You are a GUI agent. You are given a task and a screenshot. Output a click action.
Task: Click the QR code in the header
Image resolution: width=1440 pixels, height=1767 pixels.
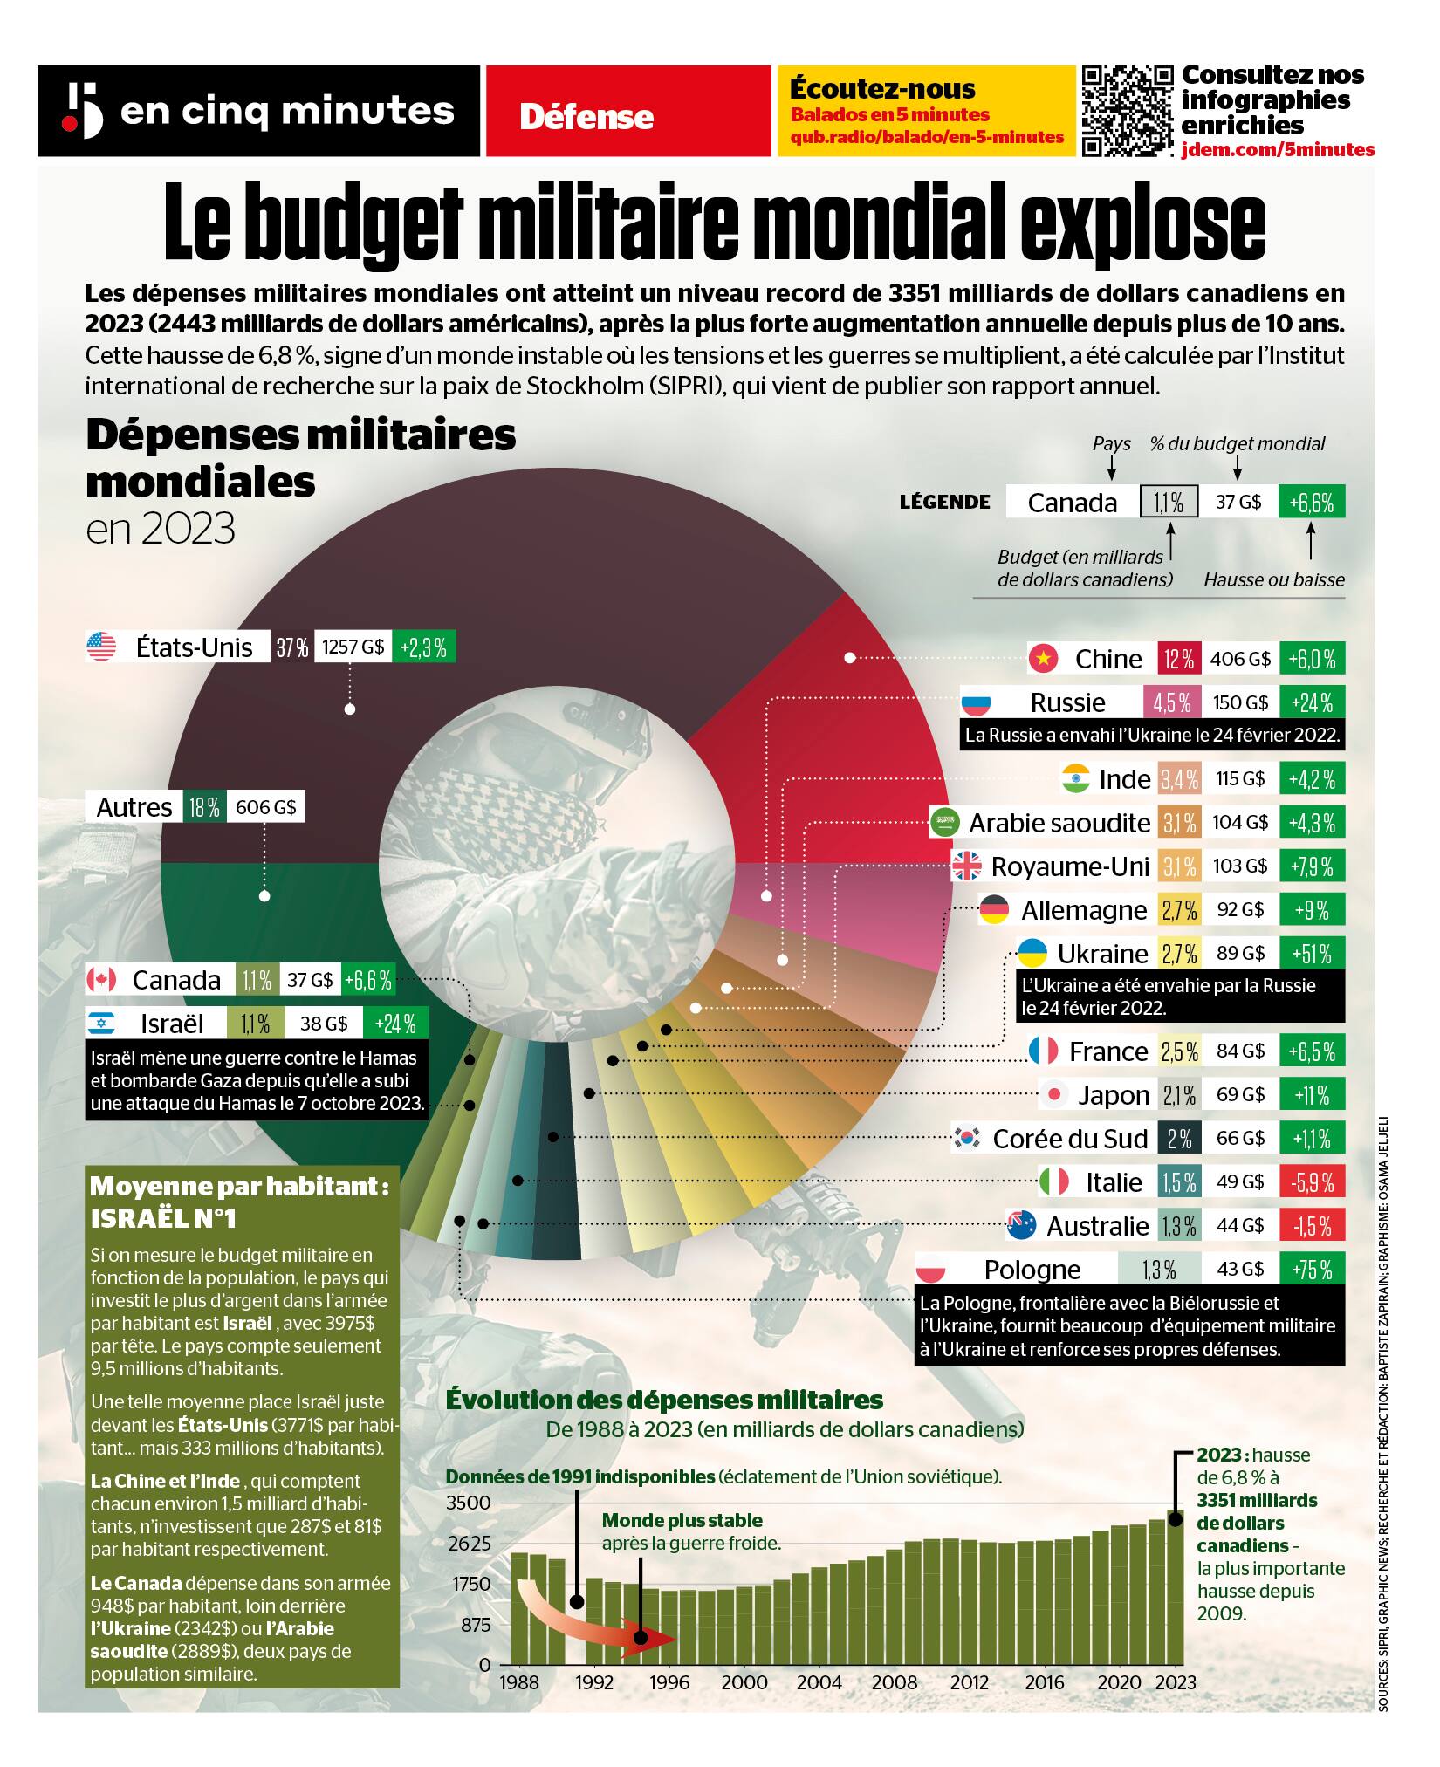point(1127,111)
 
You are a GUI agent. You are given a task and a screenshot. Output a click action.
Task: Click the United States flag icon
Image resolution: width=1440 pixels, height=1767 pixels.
point(101,647)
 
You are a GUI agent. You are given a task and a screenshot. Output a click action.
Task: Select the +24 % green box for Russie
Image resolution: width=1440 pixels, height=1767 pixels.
point(1312,702)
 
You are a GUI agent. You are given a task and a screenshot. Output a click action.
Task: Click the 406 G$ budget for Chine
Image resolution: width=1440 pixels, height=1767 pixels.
point(1239,659)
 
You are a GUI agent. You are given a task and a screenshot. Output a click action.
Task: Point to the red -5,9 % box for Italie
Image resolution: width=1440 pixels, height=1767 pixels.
point(1312,1182)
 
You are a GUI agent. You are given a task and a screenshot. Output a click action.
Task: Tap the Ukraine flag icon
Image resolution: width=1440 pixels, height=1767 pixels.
point(1033,953)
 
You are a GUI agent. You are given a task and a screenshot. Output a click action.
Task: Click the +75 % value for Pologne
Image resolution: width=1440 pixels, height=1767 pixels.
point(1312,1269)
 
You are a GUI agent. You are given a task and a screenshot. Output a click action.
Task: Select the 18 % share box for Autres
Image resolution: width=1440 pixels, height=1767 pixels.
point(204,807)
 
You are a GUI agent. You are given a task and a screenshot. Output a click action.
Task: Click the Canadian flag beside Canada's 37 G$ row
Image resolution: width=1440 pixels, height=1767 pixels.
point(101,980)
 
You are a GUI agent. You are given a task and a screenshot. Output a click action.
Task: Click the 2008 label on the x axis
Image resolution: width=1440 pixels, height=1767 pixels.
point(894,1682)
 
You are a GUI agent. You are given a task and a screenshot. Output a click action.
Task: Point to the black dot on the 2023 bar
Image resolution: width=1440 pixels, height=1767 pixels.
point(1176,1519)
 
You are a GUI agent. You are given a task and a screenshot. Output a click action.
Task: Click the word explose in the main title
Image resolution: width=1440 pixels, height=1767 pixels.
point(1143,223)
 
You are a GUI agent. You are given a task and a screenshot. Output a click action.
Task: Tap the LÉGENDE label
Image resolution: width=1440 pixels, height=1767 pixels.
point(945,502)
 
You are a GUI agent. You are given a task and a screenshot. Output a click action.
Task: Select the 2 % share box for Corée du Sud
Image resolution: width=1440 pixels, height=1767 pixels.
point(1179,1139)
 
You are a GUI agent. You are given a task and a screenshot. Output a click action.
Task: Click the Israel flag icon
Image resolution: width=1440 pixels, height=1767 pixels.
point(101,1024)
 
